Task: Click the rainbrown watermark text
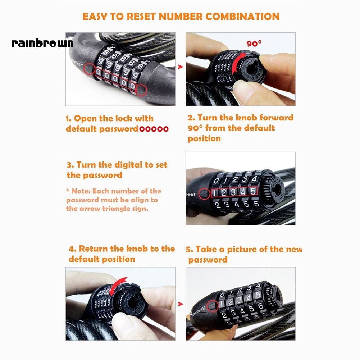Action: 42,44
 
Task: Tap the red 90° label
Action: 254,44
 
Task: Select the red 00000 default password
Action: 154,129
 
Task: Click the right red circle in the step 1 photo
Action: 142,90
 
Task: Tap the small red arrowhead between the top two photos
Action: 180,67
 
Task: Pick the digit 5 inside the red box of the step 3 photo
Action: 253,192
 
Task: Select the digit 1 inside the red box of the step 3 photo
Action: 215,192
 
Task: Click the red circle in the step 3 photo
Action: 204,194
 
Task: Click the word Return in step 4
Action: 94,249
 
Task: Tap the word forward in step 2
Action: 277,118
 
